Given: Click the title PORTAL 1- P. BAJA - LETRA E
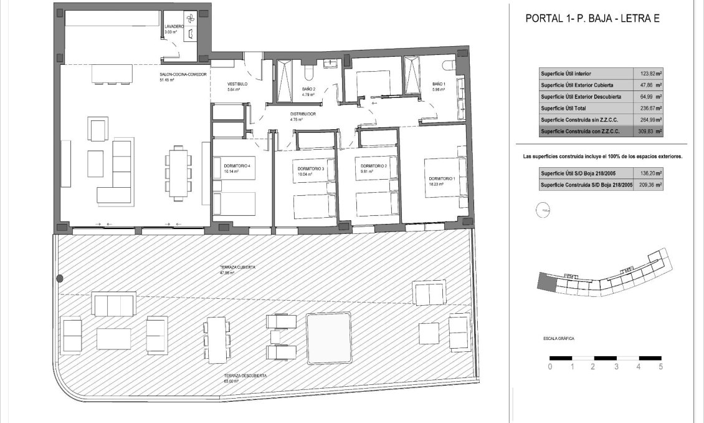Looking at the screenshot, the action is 592,19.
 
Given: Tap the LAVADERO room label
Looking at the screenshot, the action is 174,27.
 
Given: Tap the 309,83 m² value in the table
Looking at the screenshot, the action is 649,132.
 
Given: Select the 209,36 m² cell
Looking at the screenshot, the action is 649,185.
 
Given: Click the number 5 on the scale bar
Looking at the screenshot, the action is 660,367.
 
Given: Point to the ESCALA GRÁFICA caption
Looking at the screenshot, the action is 559,339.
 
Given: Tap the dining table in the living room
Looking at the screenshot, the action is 179,173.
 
